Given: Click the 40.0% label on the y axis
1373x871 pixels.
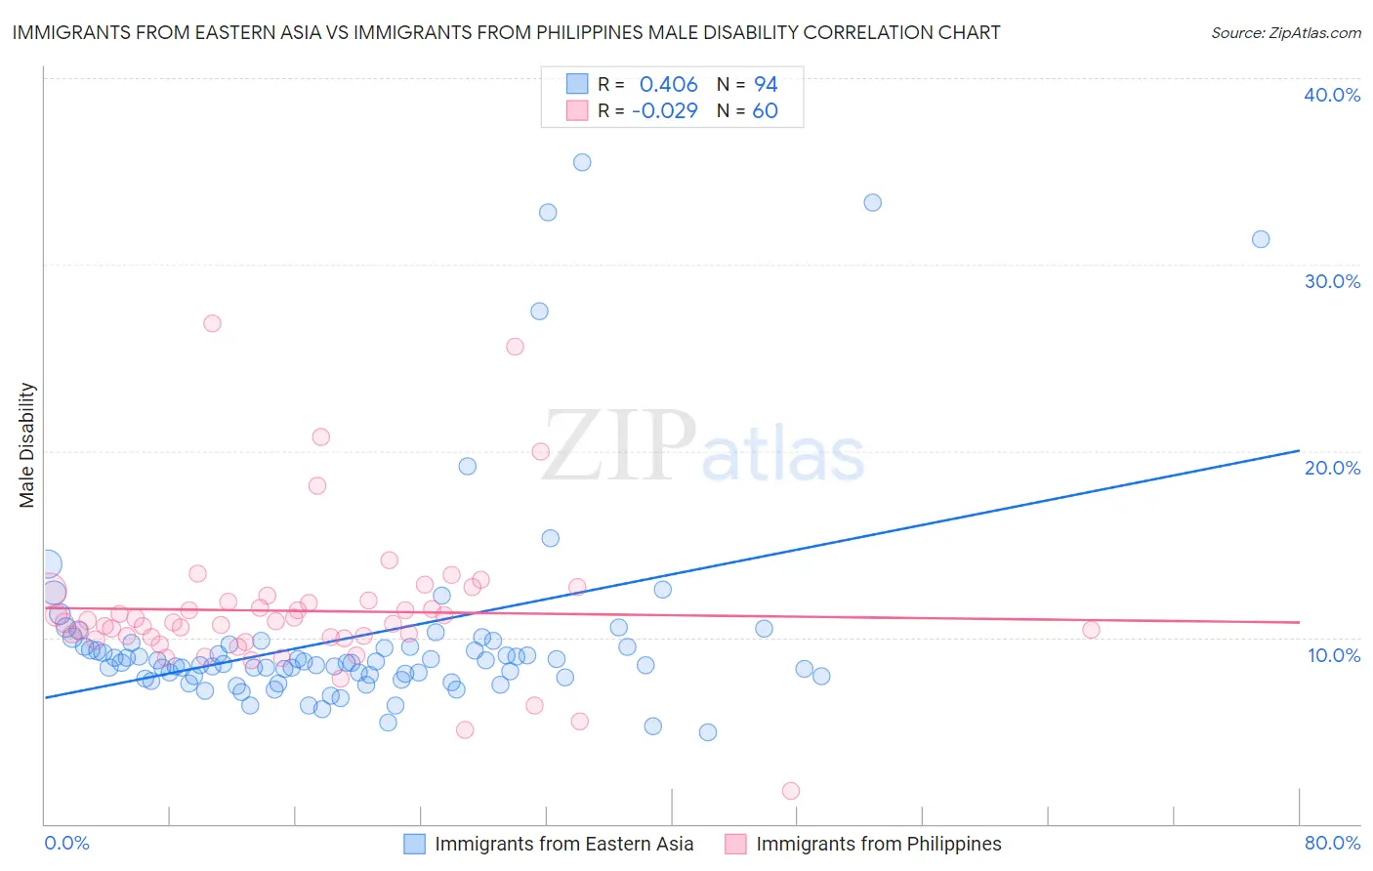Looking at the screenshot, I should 1332,96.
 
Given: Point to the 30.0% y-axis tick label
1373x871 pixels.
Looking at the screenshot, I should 1332,281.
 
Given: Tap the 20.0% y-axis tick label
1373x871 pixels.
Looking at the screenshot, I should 1332,468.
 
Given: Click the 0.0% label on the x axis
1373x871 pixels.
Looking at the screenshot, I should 66,843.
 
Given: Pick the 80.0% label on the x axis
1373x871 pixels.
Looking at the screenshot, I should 1332,843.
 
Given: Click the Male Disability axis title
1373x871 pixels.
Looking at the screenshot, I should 27,445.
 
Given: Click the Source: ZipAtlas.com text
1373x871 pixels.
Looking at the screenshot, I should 1285,33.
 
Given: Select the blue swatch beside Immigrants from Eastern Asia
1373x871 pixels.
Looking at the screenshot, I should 415,844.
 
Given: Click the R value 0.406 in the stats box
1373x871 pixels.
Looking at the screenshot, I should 668,85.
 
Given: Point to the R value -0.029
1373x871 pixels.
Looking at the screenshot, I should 664,111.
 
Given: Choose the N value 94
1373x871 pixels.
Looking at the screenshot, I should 766,85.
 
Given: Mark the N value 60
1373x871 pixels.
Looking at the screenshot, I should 765,111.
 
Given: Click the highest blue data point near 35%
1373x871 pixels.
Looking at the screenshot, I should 582,163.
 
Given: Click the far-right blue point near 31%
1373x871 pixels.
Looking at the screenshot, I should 1261,239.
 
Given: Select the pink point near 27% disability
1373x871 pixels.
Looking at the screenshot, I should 212,323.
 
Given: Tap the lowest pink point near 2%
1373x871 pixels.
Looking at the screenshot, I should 791,791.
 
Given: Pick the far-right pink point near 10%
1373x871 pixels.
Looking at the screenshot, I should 1091,630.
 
